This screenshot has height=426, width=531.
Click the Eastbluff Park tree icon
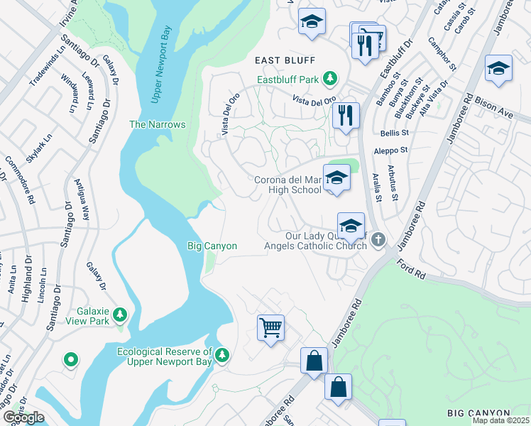pyautogui.click(x=329, y=77)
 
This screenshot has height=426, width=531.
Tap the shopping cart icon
pyautogui.click(x=270, y=328)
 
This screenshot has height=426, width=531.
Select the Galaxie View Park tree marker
pyautogui.click(x=120, y=313)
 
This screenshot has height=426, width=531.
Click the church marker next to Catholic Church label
pyautogui.click(x=378, y=240)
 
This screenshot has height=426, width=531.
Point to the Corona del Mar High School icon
pyautogui.click(x=336, y=178)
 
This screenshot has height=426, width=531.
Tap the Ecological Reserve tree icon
pyautogui.click(x=223, y=354)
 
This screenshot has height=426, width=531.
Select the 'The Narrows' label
pyautogui.click(x=157, y=124)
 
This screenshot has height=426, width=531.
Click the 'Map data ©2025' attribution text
pyautogui.click(x=500, y=420)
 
